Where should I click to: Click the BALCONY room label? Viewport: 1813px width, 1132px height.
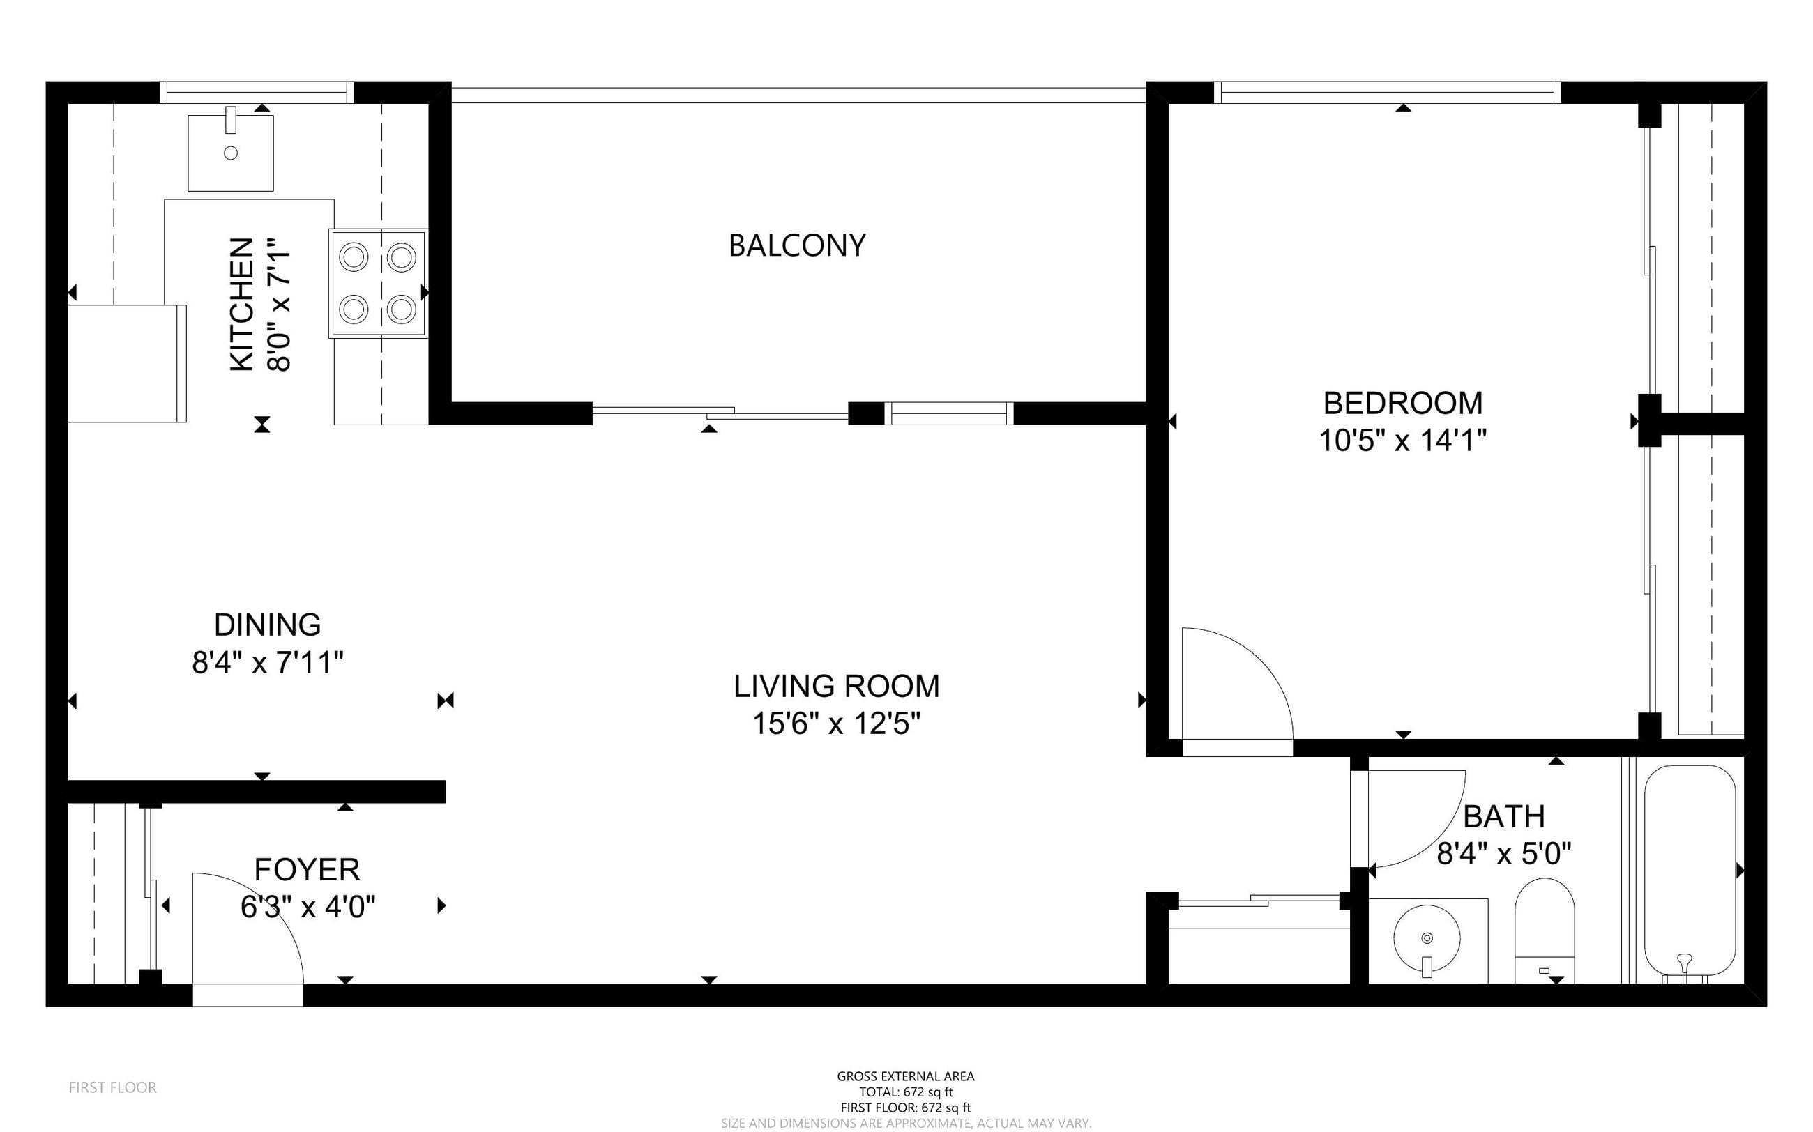point(797,245)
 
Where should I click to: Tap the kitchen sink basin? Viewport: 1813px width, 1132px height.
point(231,153)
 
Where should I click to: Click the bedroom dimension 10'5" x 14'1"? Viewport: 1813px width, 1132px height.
point(1402,441)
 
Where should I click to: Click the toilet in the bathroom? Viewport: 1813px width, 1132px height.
point(1544,931)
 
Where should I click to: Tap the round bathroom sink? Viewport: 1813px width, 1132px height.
point(1427,938)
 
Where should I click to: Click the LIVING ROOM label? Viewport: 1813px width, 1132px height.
point(837,687)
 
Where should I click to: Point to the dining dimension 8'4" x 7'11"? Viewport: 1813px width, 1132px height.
point(267,663)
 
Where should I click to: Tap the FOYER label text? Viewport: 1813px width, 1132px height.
point(307,870)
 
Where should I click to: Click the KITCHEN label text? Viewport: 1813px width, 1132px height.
point(241,305)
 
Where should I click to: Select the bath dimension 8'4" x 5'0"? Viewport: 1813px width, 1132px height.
point(1503,853)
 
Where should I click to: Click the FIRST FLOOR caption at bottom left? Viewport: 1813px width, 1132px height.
point(113,1087)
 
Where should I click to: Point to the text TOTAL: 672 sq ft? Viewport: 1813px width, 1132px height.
point(906,1092)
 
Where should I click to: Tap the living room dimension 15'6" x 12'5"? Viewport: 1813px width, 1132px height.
point(837,724)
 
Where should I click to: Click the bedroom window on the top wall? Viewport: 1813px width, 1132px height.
point(1388,93)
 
